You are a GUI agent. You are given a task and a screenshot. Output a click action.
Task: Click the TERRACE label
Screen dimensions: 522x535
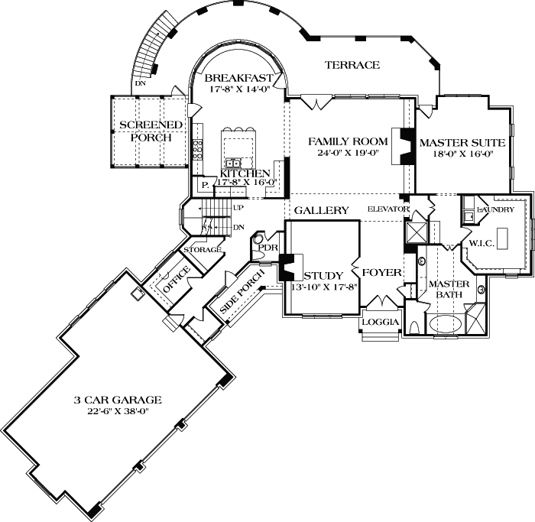(352, 65)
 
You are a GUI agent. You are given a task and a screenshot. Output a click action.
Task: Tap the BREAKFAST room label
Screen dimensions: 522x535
(238, 78)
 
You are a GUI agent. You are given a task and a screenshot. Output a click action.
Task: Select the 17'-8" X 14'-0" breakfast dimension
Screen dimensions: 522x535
(238, 89)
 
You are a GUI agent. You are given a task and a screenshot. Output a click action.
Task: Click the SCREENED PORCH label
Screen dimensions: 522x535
(151, 131)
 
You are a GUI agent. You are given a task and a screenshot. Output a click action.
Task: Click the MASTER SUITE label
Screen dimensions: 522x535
(461, 141)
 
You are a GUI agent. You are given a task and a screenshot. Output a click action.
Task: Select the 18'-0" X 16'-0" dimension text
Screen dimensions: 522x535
(461, 153)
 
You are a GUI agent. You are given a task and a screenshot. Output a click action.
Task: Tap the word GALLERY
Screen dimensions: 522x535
(322, 210)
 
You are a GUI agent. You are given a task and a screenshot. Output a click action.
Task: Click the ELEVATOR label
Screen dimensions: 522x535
(390, 209)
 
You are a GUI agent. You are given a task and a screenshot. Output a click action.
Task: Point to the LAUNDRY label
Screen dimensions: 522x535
(496, 209)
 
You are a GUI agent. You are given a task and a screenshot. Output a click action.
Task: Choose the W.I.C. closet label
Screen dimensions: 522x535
(483, 244)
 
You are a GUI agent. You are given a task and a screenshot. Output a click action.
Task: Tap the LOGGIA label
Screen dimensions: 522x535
(381, 322)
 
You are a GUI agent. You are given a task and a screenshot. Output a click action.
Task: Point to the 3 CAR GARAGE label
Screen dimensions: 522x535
(118, 399)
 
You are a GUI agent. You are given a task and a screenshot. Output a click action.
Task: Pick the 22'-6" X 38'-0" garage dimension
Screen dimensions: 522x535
(118, 410)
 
